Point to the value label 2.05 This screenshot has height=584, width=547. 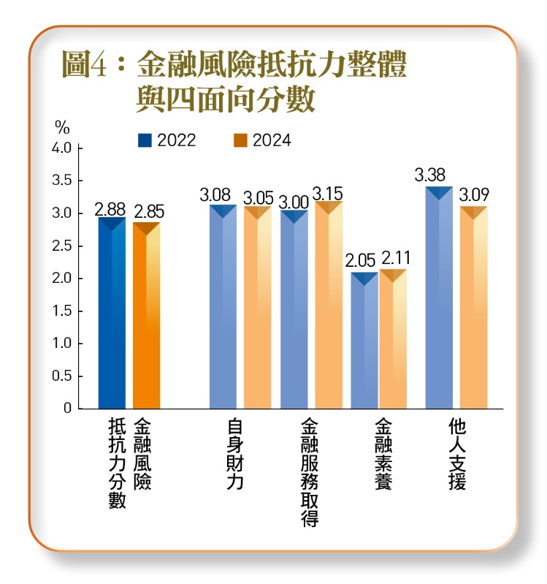click(x=361, y=260)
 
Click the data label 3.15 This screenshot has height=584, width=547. click(x=327, y=192)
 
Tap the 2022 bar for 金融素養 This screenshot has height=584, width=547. click(x=364, y=342)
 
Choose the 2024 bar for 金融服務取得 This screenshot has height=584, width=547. click(x=329, y=307)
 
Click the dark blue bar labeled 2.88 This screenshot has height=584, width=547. click(x=112, y=314)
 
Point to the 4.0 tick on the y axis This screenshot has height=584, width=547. click(x=62, y=148)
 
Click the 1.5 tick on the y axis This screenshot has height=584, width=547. click(x=62, y=311)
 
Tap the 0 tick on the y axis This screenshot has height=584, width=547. click(x=67, y=408)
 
